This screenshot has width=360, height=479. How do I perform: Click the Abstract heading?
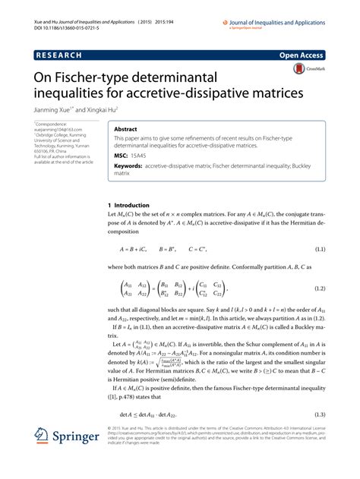click(x=126, y=130)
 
